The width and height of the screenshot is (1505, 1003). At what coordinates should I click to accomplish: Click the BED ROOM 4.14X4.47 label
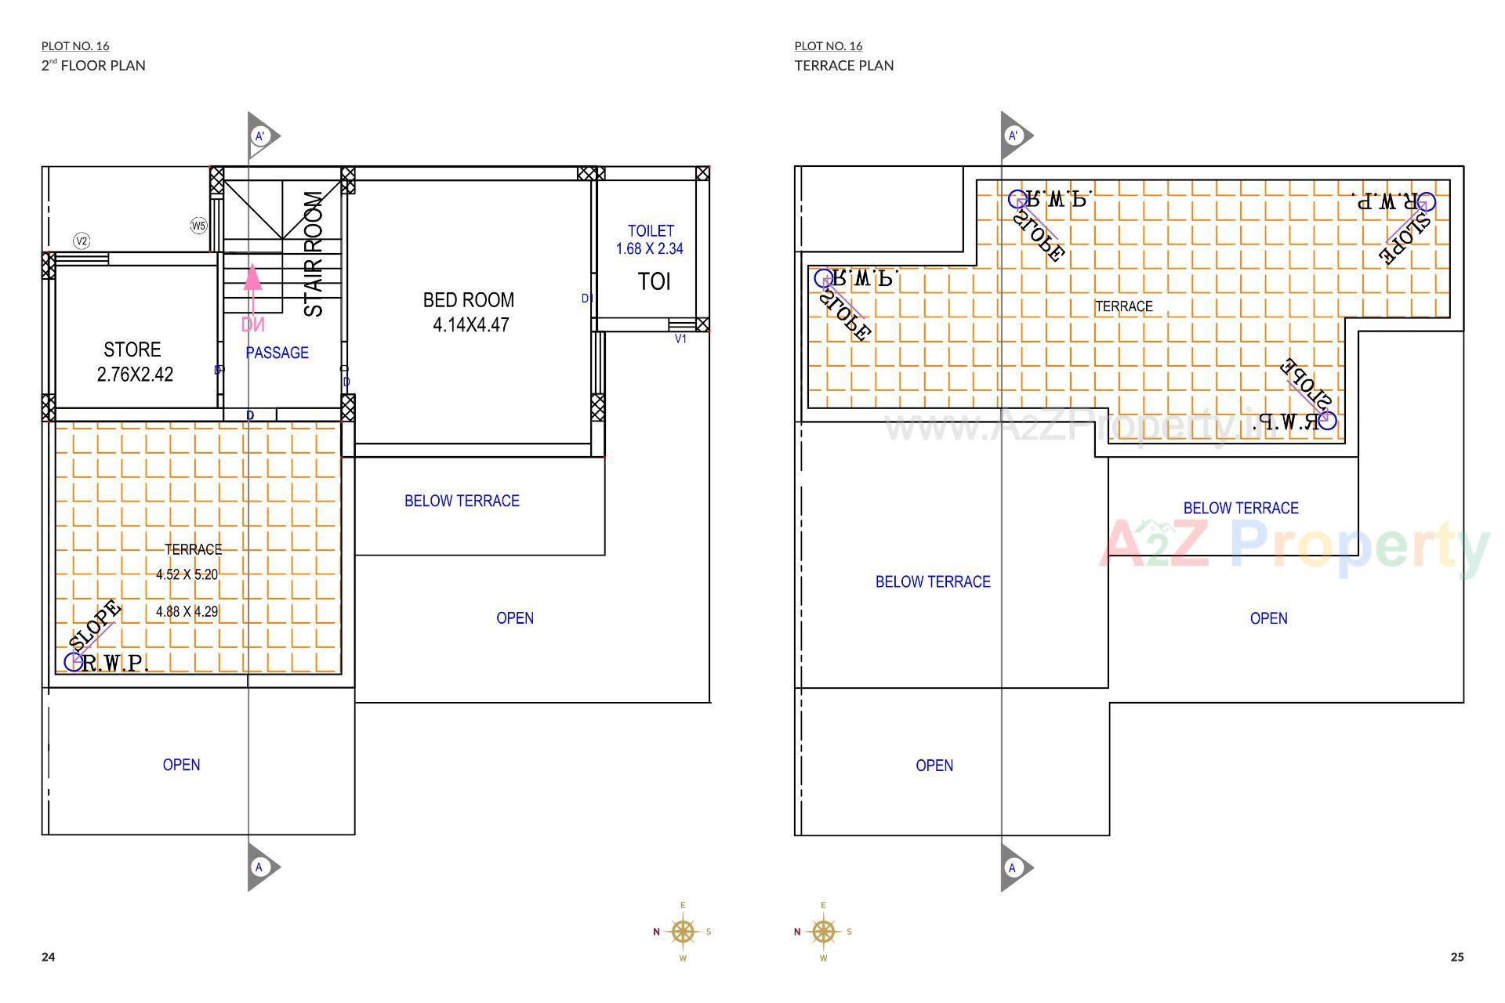point(469,312)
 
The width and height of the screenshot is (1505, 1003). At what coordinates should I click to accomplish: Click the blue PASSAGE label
point(277,353)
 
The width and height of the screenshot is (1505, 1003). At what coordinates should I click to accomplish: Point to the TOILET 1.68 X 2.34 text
point(650,240)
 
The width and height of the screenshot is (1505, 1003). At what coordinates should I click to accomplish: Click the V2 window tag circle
point(81,241)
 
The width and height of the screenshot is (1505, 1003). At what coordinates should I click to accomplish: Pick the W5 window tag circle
point(198,226)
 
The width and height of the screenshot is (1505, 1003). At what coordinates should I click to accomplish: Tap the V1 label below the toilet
point(680,339)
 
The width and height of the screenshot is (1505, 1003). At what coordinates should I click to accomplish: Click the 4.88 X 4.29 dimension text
point(187,611)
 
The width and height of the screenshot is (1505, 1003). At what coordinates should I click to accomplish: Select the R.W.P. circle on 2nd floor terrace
point(73,661)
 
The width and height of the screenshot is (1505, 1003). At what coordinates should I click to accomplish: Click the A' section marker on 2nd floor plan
point(260,136)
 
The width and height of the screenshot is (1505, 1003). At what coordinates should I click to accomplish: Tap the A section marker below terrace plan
point(1013,867)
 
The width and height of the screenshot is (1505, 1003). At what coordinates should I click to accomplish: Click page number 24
point(49,957)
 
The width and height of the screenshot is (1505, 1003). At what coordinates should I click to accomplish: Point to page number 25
point(1456,957)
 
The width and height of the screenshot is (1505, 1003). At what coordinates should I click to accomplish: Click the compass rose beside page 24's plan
point(683,932)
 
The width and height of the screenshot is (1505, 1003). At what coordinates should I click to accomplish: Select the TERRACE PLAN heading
point(843,66)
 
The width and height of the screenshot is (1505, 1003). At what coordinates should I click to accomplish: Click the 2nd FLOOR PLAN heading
point(93,66)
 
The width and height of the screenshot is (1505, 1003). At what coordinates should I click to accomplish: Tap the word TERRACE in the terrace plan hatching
point(1123,306)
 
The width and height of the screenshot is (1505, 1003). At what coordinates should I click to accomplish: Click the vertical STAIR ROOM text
point(313,255)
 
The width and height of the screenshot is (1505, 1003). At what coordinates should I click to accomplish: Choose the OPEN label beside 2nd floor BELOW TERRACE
point(515,618)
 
